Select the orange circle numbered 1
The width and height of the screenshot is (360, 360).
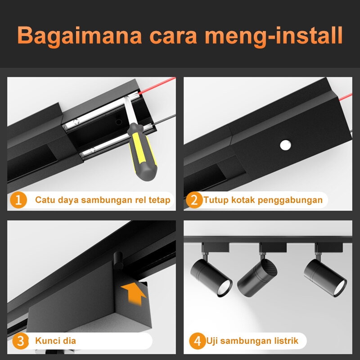(18, 200)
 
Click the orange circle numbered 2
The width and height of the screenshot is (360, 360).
(194, 200)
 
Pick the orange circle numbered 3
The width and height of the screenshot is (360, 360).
(20, 341)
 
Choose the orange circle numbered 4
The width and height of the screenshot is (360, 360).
(198, 341)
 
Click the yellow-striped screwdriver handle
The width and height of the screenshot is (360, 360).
(142, 152)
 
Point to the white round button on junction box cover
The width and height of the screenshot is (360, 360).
(285, 145)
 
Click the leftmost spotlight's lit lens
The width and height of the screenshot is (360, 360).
(225, 288)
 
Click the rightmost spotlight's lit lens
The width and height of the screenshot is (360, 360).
(340, 288)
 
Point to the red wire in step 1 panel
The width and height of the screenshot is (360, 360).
(157, 85)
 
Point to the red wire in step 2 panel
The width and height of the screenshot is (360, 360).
(346, 97)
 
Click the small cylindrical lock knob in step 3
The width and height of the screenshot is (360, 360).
(118, 261)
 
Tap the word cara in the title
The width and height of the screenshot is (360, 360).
(173, 36)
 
